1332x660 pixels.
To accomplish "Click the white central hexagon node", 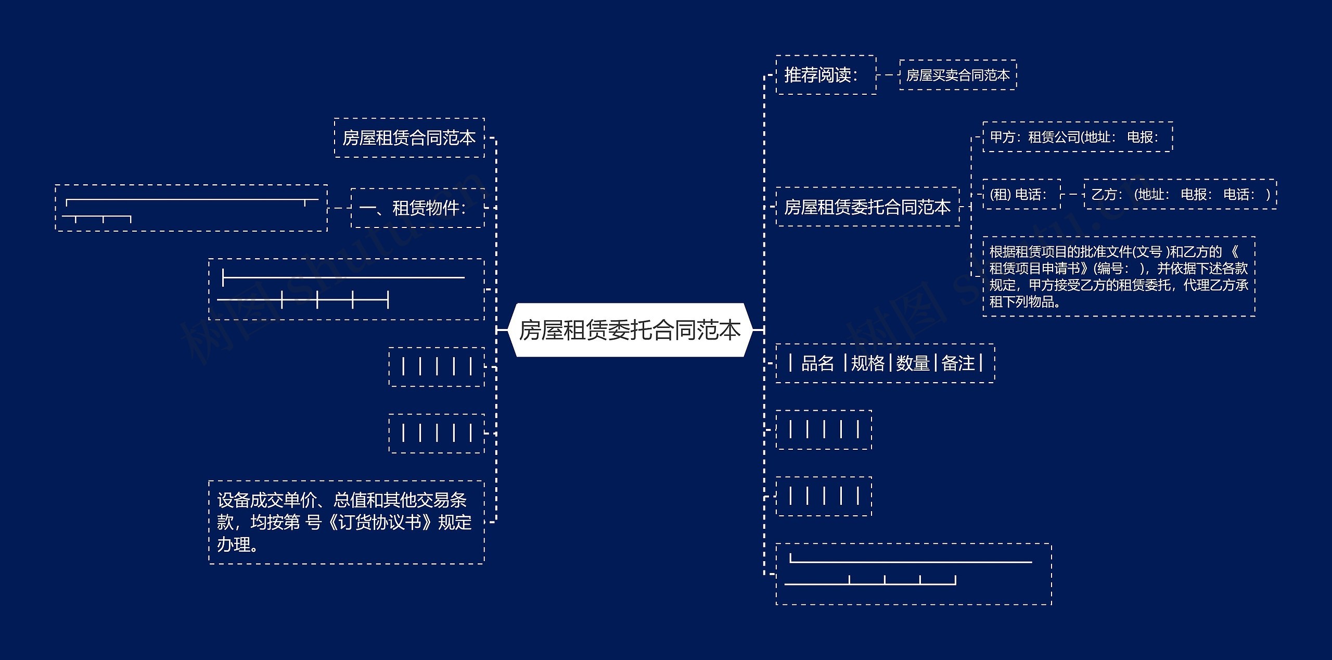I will pos(630,330).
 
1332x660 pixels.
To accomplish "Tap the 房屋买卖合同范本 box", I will pos(957,75).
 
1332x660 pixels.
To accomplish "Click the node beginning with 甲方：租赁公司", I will pos(1077,137).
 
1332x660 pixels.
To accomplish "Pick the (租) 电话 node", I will pos(1021,194).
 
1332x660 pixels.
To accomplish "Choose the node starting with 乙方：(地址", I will pos(1180,194).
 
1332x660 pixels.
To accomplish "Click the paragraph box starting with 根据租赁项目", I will pos(1118,276).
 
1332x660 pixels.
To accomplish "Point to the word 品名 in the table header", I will pos(817,363).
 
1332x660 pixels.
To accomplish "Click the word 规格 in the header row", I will pos(867,363).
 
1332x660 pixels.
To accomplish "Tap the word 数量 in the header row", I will pos(913,363).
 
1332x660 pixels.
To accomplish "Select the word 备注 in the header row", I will pos(958,363).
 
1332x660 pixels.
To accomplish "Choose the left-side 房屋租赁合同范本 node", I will pos(409,138).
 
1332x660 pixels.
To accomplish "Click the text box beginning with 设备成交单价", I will pos(346,522).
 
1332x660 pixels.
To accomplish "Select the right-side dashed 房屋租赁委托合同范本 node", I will pos(867,207).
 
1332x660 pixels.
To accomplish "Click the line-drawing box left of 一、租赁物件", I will pos(191,208).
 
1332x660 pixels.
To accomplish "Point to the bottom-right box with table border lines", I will pos(913,574).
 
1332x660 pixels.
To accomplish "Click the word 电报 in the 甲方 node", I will pos(1142,137).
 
